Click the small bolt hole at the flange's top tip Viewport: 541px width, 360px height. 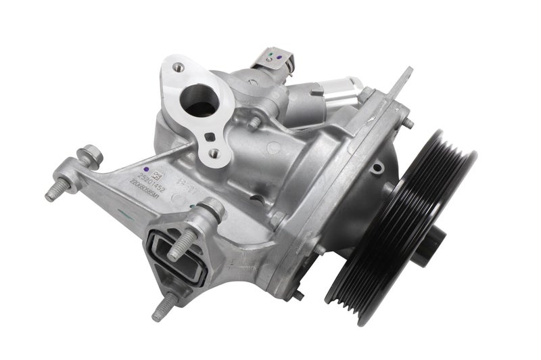[x=178, y=67]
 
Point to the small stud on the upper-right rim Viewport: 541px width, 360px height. [x=409, y=124]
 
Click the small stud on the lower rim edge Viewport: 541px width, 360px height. [x=298, y=295]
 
